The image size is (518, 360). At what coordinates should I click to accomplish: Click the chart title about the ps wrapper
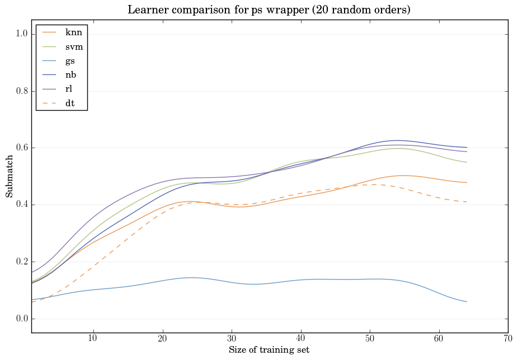269,10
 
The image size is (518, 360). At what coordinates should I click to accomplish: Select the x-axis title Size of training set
269,350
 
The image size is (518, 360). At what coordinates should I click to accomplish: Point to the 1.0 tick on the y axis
21,34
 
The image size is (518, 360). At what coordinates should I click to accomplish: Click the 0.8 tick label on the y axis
21,91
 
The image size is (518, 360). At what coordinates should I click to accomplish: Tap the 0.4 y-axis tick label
21,205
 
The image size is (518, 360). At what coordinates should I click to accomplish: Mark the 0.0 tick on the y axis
21,319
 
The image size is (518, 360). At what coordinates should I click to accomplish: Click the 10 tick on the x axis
93,339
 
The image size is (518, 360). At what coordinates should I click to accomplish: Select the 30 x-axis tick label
232,339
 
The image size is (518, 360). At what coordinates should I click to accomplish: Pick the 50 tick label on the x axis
370,339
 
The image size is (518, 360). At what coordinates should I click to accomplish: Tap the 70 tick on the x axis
508,339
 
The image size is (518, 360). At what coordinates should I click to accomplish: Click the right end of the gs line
467,302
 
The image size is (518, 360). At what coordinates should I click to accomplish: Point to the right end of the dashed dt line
467,202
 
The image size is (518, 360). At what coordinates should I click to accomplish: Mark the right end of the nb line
467,147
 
